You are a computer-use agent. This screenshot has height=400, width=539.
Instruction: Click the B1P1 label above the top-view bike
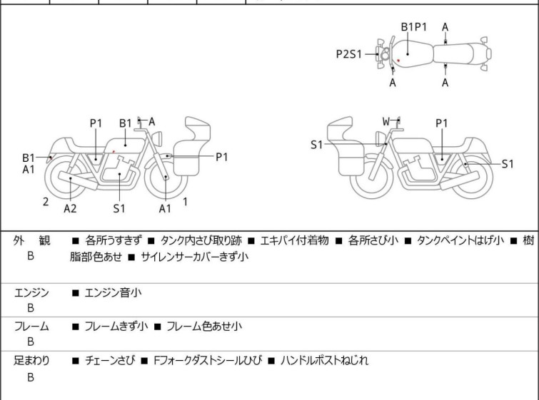[413, 27]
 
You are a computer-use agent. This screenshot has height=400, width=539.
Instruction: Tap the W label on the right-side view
[386, 121]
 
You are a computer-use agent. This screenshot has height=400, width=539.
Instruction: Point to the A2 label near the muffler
[70, 208]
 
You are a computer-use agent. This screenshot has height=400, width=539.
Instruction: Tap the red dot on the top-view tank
[398, 61]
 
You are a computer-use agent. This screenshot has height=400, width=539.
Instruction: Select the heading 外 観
[31, 241]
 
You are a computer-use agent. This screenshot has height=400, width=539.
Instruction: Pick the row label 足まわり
[32, 361]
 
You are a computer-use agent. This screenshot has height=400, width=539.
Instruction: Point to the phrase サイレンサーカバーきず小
[194, 257]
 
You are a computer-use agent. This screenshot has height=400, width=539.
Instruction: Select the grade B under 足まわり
[31, 377]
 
